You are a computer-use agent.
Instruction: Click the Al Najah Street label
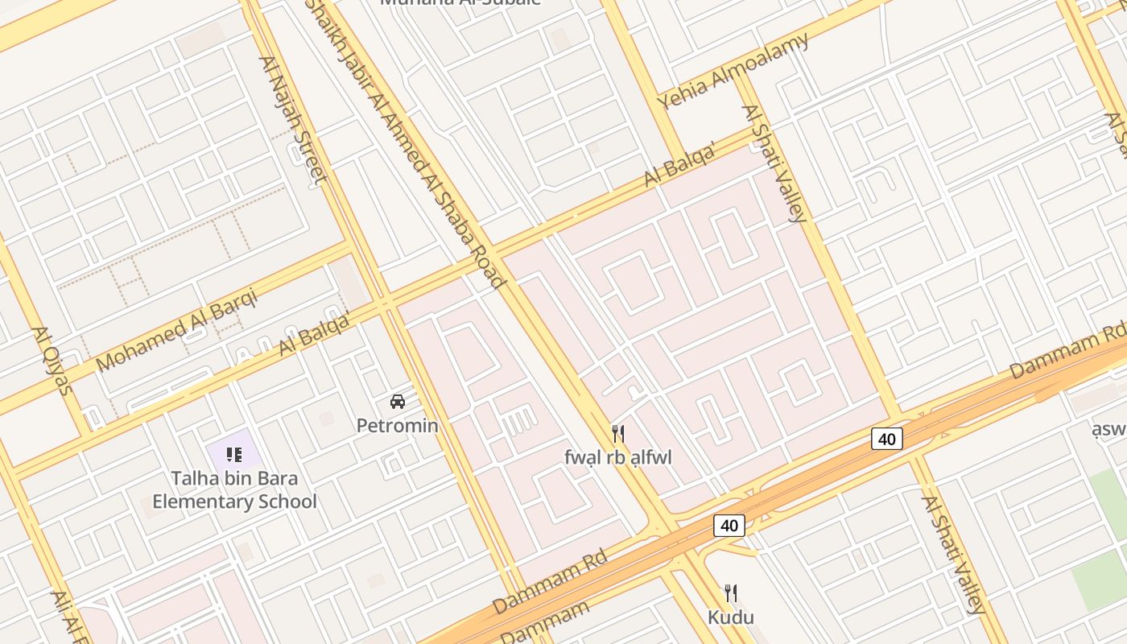tap(291, 119)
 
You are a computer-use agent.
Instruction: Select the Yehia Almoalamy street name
tap(733, 70)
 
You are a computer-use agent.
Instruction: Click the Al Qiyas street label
tap(52, 361)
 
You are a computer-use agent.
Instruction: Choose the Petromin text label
tap(398, 425)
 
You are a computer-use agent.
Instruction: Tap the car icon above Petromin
tap(398, 401)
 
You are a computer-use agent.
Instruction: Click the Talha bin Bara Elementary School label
tap(234, 490)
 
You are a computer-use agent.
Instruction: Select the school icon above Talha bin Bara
tap(234, 455)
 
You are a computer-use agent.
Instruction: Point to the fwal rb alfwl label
tap(618, 457)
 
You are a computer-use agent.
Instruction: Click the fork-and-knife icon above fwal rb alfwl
tap(618, 434)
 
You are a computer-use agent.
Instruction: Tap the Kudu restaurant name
tap(731, 617)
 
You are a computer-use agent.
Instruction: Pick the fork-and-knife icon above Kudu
tap(731, 594)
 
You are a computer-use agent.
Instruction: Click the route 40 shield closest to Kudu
tap(729, 526)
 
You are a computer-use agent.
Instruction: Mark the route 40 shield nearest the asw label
tap(886, 439)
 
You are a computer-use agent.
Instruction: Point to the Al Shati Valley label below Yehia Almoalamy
tap(774, 163)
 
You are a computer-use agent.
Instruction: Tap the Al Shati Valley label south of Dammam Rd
tap(954, 554)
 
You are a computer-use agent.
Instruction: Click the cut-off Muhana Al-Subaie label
tap(460, 3)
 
